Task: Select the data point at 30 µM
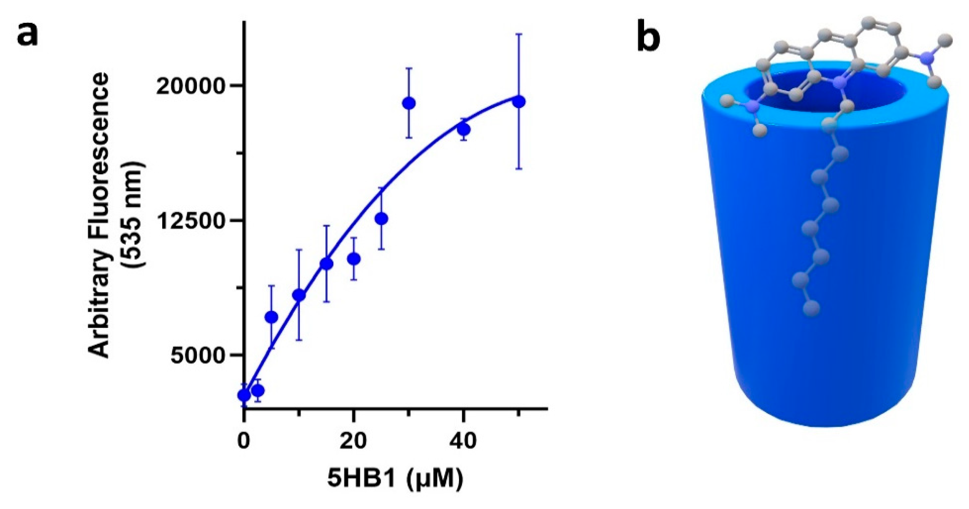coord(408,103)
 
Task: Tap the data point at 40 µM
coord(464,130)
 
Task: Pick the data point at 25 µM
coord(381,219)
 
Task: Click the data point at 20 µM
coord(354,259)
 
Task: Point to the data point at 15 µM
coord(326,264)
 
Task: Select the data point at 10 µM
coord(299,295)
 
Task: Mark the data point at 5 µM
coord(272,317)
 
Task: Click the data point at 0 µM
coord(244,395)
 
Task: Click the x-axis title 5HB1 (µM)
coord(395,479)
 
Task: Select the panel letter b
coord(648,38)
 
